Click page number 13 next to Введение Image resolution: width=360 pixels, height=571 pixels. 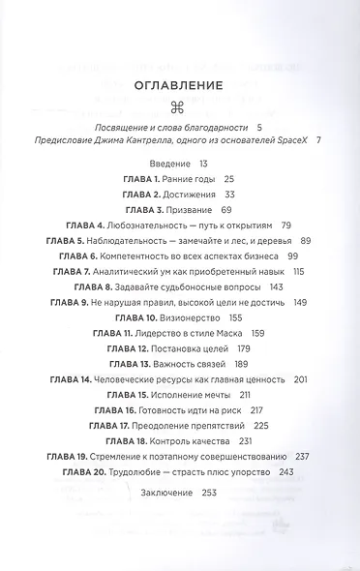pyautogui.click(x=203, y=165)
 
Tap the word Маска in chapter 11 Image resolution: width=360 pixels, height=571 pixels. pyautogui.click(x=224, y=332)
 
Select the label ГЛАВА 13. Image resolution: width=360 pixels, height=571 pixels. pyautogui.click(x=125, y=363)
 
